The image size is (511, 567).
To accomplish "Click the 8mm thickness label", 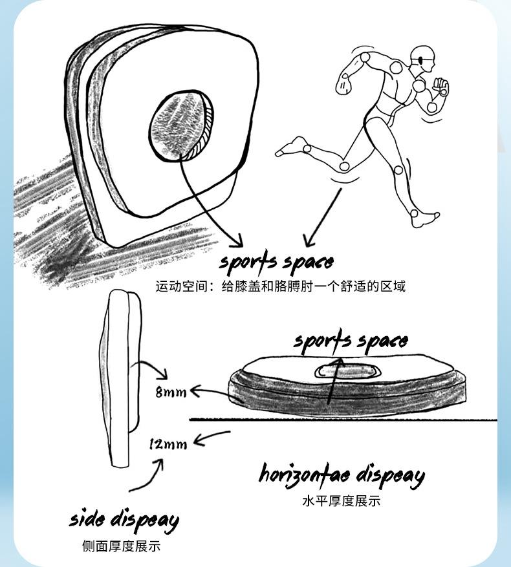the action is [x=171, y=392].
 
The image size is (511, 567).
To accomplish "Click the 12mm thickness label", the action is [x=168, y=444].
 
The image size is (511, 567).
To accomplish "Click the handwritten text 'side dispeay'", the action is [x=124, y=520].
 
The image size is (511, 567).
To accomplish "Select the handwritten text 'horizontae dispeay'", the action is [x=342, y=475].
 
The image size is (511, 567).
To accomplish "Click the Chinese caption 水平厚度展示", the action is [x=341, y=501].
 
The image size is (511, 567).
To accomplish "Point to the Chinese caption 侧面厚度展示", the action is [x=121, y=546].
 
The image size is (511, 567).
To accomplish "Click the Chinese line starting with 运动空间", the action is [x=280, y=286].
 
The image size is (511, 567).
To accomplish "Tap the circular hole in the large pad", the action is [x=179, y=124].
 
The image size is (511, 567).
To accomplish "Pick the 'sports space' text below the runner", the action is [x=276, y=262].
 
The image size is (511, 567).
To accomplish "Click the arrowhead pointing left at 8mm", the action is [x=194, y=390].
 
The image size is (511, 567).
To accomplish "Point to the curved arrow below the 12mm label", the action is [x=146, y=477].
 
